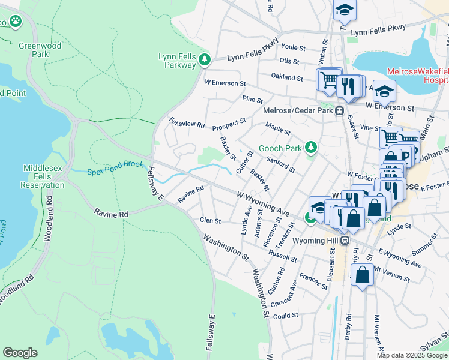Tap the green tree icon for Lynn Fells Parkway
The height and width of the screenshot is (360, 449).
coord(205,59)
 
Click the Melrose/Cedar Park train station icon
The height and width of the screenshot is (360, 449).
coord(339,110)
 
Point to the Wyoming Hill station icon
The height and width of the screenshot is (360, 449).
coord(345,240)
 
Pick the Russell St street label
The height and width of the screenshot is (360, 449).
coord(283,254)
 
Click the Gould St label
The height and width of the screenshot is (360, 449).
coord(286,315)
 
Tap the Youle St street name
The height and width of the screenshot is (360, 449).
coord(294,47)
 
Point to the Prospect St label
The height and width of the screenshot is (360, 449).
coord(229,123)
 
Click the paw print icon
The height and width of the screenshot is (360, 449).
coord(15,22)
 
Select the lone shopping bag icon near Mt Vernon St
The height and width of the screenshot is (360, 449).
coord(363,275)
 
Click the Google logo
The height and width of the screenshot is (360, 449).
coord(20,353)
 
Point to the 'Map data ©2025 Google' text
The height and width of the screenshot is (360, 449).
coord(412,355)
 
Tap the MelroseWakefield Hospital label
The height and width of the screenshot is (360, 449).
coord(418,75)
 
